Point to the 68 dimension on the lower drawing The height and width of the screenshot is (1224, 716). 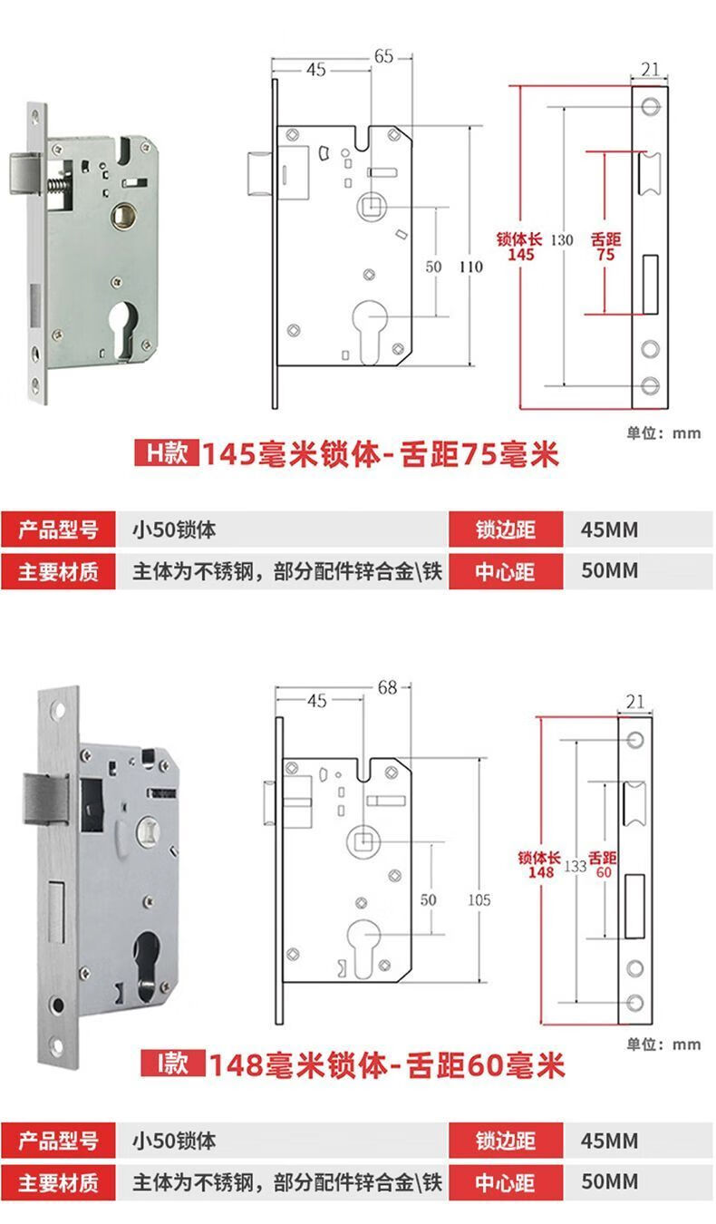388,687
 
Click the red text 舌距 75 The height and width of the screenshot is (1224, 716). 605,247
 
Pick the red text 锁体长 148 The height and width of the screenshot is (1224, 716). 541,864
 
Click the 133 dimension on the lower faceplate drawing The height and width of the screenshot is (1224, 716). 575,866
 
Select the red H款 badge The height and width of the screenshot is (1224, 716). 165,452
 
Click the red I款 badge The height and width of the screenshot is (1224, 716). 170,1063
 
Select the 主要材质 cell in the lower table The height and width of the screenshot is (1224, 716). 58,1182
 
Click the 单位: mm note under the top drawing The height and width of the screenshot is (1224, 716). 663,432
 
